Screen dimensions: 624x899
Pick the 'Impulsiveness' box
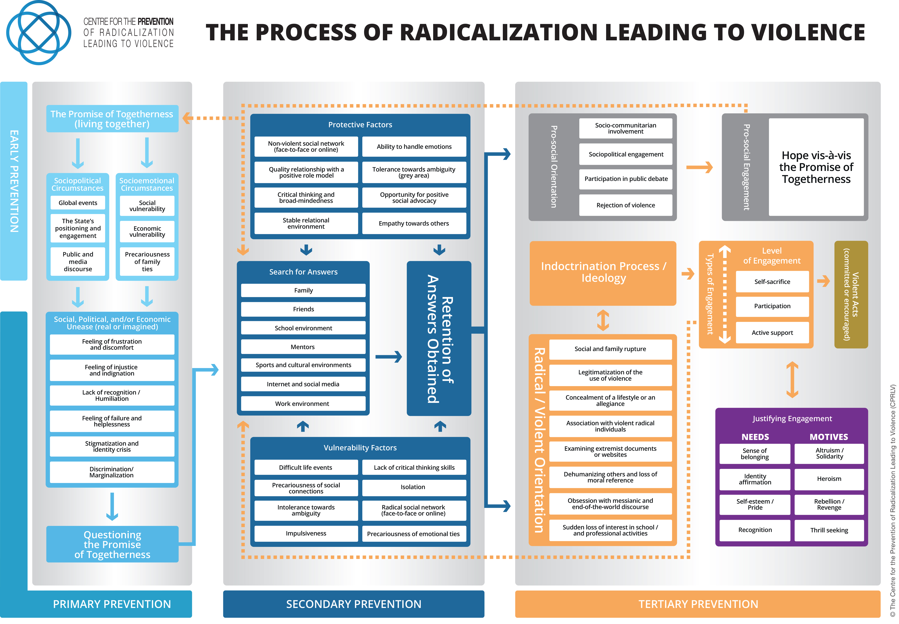(306, 533)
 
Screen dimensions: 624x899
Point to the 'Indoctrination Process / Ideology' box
(603, 273)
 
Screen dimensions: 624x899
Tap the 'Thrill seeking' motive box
(829, 530)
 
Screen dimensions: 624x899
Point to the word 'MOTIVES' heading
(829, 437)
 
